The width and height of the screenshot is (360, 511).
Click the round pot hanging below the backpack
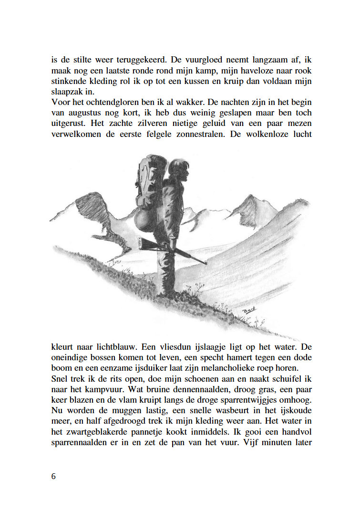pyautogui.click(x=143, y=221)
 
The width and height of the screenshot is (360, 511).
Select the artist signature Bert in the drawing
pyautogui.click(x=248, y=310)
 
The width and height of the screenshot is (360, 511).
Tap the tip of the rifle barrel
pyautogui.click(x=206, y=263)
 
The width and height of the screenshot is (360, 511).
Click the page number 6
pyautogui.click(x=53, y=476)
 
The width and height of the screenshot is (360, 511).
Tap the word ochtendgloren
pyautogui.click(x=106, y=103)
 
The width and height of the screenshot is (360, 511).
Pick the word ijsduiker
pyautogui.click(x=162, y=368)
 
